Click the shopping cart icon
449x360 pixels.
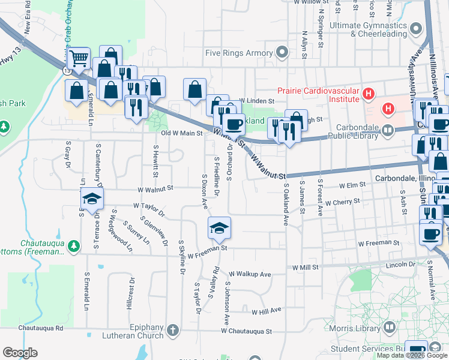coord(78,59)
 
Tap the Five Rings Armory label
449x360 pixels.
coord(239,53)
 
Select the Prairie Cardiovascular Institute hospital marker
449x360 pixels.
coord(369,94)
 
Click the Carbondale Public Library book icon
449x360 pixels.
coord(388,130)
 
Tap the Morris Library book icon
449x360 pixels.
coord(389,328)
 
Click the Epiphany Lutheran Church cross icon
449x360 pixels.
coord(172,330)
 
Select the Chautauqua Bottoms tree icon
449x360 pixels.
coord(73,246)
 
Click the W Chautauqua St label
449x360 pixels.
coord(246,331)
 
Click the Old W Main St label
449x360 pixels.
coord(181,133)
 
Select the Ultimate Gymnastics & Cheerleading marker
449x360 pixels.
coord(414,28)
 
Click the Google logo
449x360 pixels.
coord(20,353)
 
